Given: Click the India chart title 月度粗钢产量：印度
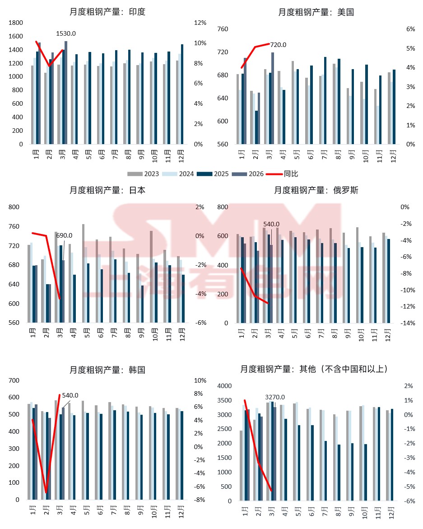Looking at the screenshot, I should tap(107, 12).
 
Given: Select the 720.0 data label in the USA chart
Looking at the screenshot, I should tap(278, 45).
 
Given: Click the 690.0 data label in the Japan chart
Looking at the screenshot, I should tap(64, 235).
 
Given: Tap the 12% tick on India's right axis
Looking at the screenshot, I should tap(200, 23).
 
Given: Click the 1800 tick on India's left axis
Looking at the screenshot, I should tap(16, 23).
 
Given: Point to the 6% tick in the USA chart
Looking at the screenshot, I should tap(410, 29).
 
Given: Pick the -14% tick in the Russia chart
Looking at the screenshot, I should tap(408, 323).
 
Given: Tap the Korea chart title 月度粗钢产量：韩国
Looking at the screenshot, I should tap(107, 370).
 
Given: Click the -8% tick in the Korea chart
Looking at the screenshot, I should tap(200, 500).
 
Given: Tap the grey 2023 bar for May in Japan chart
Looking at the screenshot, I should tap(83, 273).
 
